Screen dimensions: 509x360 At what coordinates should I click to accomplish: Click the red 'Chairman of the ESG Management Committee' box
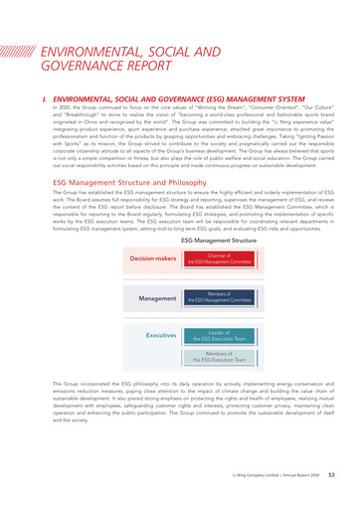click(219, 258)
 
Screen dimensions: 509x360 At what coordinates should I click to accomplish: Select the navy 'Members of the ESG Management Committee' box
click(219, 297)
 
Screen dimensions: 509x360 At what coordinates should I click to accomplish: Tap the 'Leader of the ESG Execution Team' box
click(219, 337)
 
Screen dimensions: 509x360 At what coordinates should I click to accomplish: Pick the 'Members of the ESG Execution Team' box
click(219, 359)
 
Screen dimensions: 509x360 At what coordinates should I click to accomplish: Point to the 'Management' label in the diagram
click(157, 297)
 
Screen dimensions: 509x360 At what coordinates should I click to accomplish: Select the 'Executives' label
click(161, 336)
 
